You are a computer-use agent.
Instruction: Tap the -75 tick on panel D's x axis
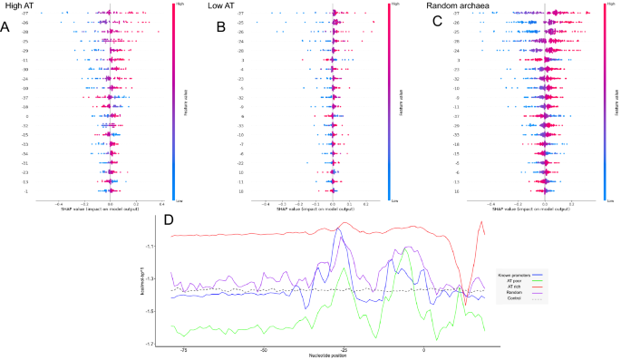click(x=184, y=349)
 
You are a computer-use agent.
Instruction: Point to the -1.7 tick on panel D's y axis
click(x=173, y=345)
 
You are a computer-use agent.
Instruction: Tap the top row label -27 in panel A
click(x=25, y=14)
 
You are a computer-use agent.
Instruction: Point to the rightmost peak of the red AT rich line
click(x=482, y=223)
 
